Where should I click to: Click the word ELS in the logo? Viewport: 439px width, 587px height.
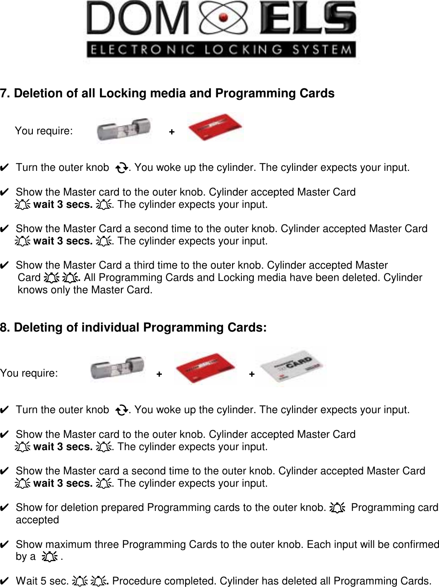(x=308, y=20)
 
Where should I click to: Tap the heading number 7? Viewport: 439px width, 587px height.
(x=6, y=94)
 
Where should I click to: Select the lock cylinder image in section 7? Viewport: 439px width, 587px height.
(x=123, y=129)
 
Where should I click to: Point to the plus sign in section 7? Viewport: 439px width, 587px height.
(x=172, y=132)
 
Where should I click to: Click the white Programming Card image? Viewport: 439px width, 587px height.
(x=293, y=366)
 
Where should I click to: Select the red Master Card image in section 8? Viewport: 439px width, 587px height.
(x=206, y=368)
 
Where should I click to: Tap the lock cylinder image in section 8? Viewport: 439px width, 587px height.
(x=118, y=369)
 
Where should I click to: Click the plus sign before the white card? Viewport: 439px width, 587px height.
(x=252, y=374)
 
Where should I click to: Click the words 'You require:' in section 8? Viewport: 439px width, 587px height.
(x=29, y=373)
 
